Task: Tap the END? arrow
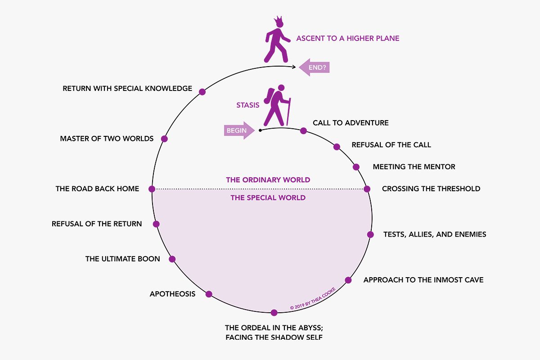(315, 67)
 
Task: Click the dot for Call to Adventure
(303, 131)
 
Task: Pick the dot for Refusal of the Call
(337, 147)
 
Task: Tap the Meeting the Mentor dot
(356, 167)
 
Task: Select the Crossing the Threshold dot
(367, 189)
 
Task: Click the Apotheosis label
(172, 294)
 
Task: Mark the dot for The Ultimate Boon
(171, 259)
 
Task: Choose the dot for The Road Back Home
(152, 189)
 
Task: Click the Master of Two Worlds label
(107, 139)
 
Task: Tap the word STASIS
(248, 106)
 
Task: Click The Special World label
(268, 198)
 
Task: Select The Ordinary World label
(268, 180)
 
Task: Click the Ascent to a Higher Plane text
(347, 38)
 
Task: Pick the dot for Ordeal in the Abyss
(274, 312)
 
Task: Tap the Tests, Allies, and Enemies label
(434, 234)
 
